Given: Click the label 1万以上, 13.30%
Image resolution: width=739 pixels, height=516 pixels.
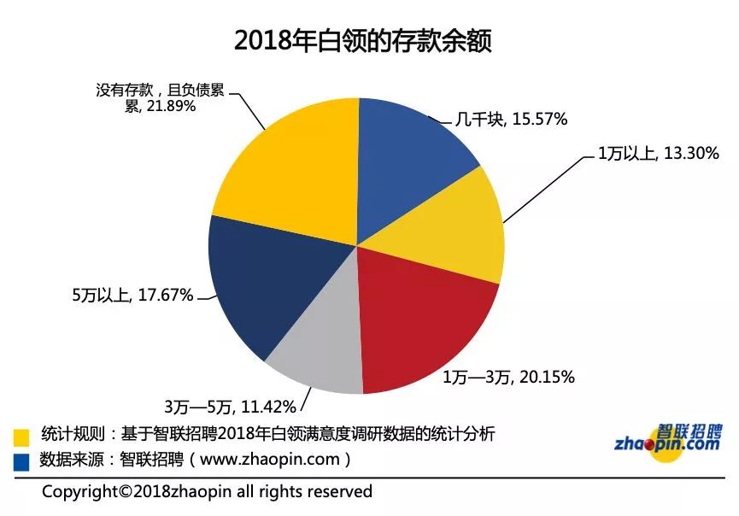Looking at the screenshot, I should (657, 154).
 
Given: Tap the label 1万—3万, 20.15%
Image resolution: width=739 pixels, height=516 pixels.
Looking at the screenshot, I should (508, 377).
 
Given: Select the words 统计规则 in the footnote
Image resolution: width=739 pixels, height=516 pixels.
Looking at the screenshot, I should (71, 435).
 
